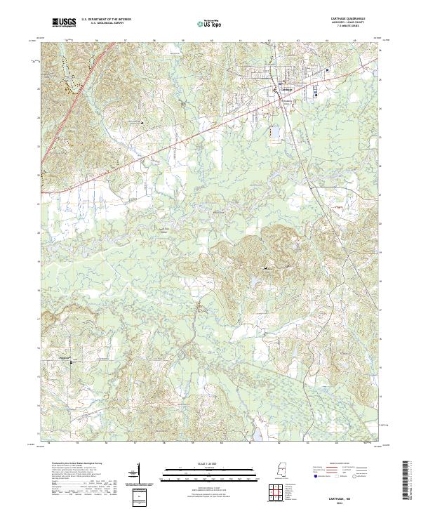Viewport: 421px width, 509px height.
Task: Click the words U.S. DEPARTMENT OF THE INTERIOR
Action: pyautogui.click(x=106, y=20)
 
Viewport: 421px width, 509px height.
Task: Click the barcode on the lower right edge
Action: pyautogui.click(x=406, y=482)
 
